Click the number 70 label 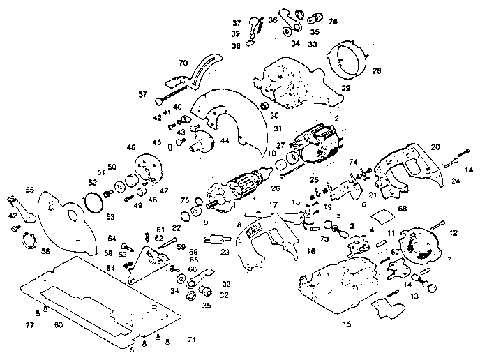[x=183, y=63]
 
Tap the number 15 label [x=347, y=324]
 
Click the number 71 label [x=190, y=339]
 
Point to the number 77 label [x=30, y=325]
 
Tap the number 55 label [x=30, y=189]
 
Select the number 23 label [x=225, y=253]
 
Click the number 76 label [x=333, y=22]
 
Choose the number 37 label [x=237, y=22]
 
